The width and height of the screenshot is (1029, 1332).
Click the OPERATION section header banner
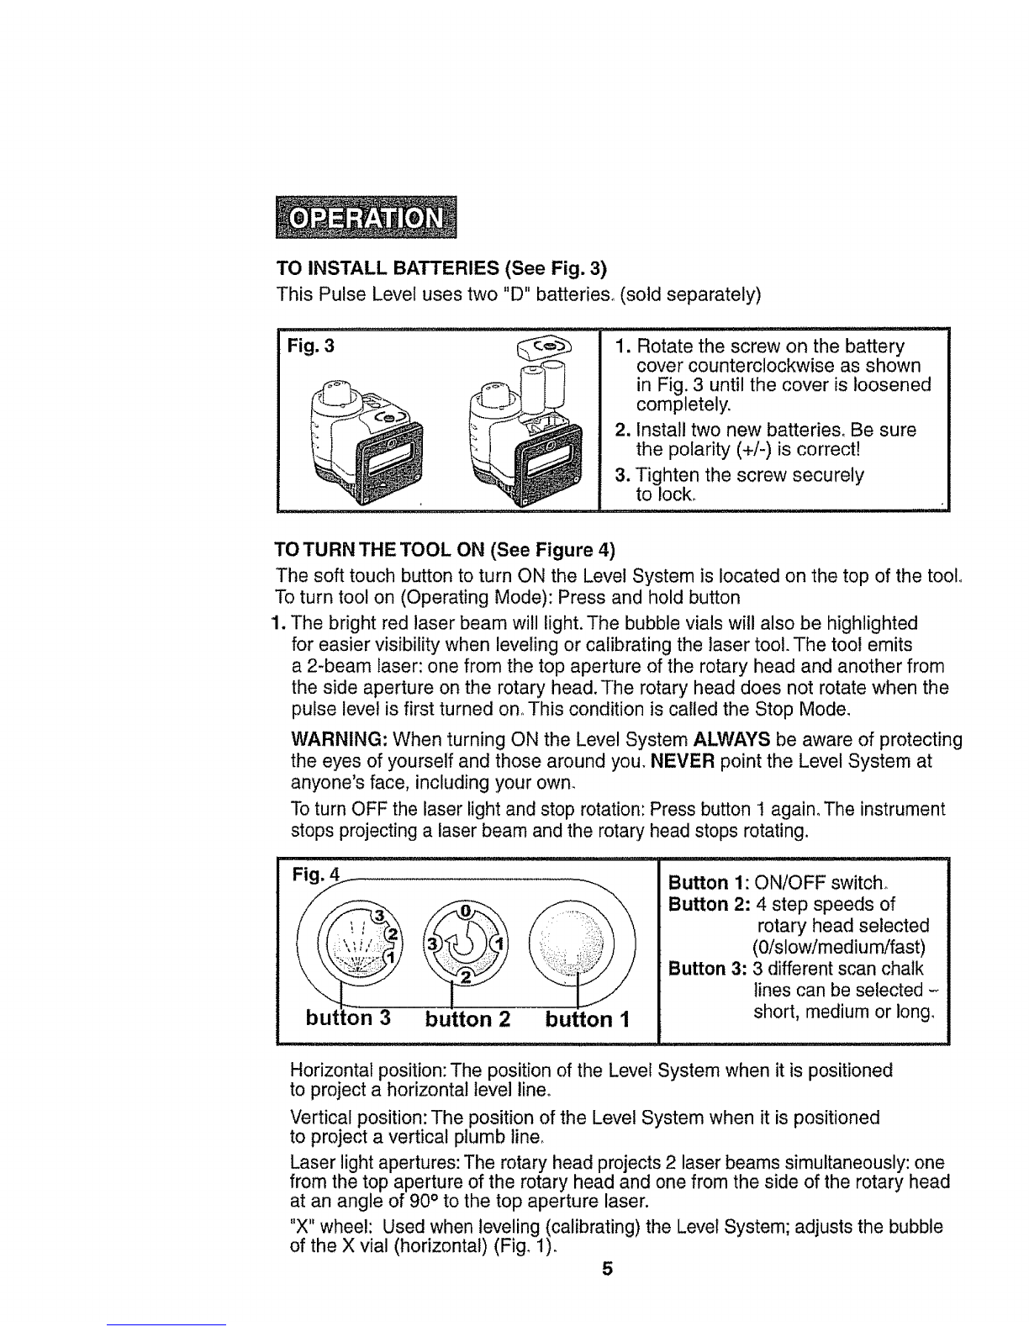[366, 217]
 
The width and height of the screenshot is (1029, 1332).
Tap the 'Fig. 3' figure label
[311, 346]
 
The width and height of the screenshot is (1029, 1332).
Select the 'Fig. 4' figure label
[315, 874]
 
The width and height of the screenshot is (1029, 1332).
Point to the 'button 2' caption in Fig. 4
[467, 1019]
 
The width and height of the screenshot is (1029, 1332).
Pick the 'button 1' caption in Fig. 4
[587, 1019]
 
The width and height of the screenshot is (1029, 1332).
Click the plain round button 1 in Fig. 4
[571, 942]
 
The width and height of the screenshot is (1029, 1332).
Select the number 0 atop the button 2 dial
[466, 911]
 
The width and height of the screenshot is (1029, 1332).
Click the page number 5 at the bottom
[607, 1268]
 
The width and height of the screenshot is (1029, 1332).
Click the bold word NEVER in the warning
[683, 761]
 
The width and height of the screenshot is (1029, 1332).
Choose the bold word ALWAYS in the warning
[731, 740]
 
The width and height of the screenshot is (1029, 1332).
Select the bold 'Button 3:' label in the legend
[709, 969]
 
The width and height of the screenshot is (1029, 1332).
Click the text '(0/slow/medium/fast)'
[838, 948]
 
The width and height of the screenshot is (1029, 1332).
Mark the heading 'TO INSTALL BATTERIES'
[388, 268]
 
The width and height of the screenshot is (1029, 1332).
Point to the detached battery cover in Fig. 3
[545, 347]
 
